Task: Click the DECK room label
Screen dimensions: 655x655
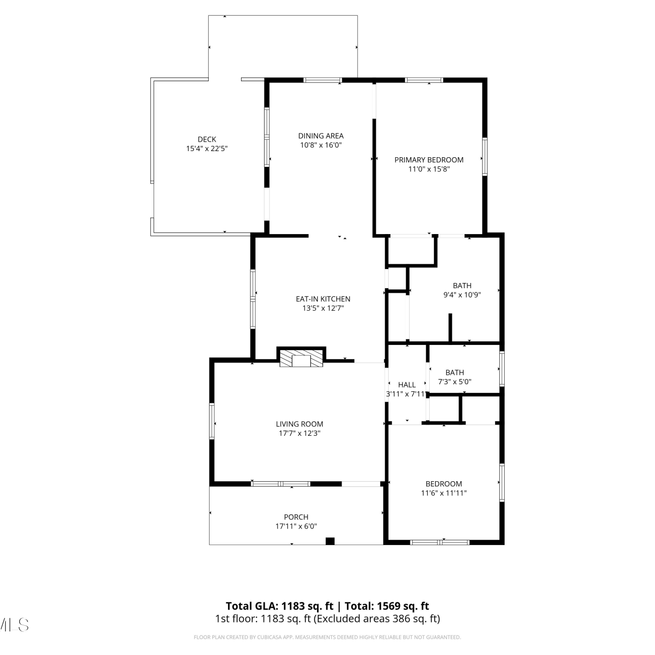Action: (x=207, y=139)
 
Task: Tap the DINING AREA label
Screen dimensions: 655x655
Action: (x=321, y=136)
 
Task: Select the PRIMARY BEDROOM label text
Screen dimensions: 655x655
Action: (x=429, y=160)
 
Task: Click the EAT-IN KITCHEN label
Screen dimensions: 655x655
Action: (x=323, y=299)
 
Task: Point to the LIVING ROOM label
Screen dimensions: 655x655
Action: (x=300, y=424)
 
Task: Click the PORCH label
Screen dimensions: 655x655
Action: (x=296, y=517)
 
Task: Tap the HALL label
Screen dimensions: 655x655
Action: (x=407, y=385)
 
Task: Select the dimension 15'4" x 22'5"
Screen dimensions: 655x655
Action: (x=207, y=148)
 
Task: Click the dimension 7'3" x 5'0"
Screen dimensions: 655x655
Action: (x=455, y=382)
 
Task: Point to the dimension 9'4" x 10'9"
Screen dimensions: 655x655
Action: (x=462, y=295)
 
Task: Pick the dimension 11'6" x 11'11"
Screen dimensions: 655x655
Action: (x=444, y=493)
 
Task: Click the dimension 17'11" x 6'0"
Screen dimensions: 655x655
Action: (x=296, y=526)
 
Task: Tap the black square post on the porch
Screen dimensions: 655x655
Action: (x=330, y=541)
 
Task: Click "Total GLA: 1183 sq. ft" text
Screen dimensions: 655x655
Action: (x=279, y=606)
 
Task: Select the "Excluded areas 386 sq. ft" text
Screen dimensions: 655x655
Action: (x=377, y=619)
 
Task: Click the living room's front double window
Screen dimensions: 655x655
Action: (x=280, y=483)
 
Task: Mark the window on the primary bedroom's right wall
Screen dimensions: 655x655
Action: (x=485, y=156)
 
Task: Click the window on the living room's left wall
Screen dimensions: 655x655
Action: (x=212, y=421)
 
